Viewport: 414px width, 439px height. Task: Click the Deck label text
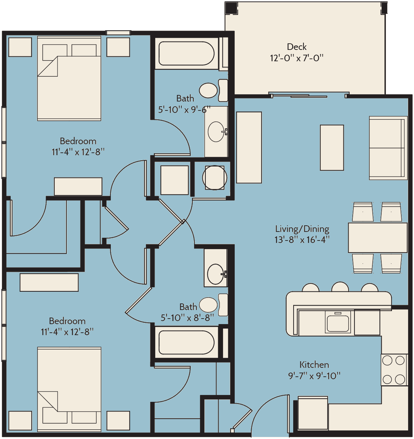[x=297, y=47]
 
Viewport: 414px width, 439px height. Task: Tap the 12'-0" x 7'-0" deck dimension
[x=297, y=58]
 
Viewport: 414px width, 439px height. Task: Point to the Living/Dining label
[x=302, y=229]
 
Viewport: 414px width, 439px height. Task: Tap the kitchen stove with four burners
[x=394, y=370]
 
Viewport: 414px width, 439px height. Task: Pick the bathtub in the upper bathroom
[x=187, y=53]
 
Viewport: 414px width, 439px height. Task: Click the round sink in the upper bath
[x=216, y=132]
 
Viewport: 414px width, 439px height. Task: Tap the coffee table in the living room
[x=332, y=148]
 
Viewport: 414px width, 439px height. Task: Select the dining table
[x=378, y=238]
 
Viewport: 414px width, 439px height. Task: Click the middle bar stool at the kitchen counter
[x=340, y=287]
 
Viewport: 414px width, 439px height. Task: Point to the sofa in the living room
[x=388, y=148]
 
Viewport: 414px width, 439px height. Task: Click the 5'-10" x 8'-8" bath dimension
[x=187, y=318]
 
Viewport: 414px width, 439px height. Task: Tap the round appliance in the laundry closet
[x=214, y=178]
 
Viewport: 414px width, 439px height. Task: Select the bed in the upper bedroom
[x=69, y=78]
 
